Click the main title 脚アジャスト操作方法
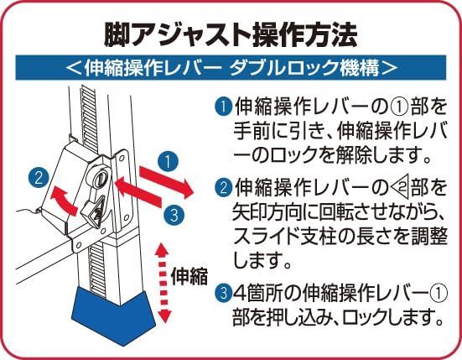coord(231,35)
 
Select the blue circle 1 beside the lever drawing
coord(168,162)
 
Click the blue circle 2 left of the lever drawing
coord(39,178)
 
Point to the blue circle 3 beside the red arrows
coord(174,214)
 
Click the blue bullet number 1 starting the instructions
coord(223,107)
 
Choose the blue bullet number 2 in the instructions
coord(223,187)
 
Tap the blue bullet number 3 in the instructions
coord(223,293)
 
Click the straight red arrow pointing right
coord(167,181)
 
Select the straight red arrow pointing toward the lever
coord(138,192)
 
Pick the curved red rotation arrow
coord(65,201)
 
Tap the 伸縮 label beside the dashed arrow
coord(189,276)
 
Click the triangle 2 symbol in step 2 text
coord(400,188)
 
